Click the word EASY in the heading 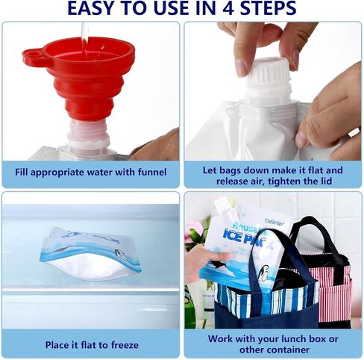pyautogui.click(x=90, y=8)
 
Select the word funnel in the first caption pyautogui.click(x=152, y=172)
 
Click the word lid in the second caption pyautogui.click(x=326, y=181)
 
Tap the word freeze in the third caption pyautogui.click(x=125, y=345)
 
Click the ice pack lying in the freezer pyautogui.click(x=91, y=254)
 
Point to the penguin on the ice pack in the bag pyautogui.click(x=263, y=274)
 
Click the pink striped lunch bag pyautogui.click(x=333, y=286)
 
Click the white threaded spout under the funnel pyautogui.click(x=88, y=136)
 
